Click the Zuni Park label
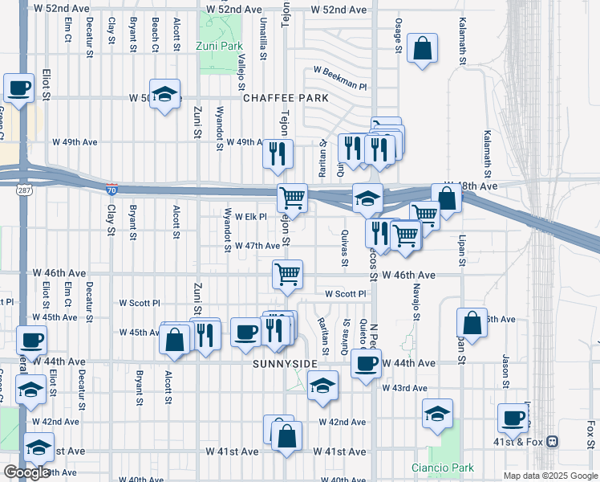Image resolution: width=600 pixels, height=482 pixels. click(219, 47)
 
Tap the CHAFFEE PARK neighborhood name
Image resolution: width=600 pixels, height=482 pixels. click(286, 98)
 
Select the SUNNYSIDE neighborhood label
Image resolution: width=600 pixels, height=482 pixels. click(281, 364)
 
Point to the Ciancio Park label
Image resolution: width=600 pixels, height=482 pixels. click(442, 468)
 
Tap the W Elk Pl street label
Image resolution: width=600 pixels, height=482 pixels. click(245, 217)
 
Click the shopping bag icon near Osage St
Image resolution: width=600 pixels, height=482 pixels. click(422, 48)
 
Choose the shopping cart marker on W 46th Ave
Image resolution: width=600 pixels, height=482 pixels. click(287, 274)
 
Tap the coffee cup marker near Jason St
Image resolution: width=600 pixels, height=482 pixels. click(513, 417)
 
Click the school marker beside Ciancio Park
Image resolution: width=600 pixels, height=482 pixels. click(437, 414)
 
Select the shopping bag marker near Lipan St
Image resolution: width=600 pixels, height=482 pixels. click(472, 322)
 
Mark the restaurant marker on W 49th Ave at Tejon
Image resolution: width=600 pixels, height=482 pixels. click(278, 153)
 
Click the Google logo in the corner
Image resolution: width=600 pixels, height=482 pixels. click(26, 472)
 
